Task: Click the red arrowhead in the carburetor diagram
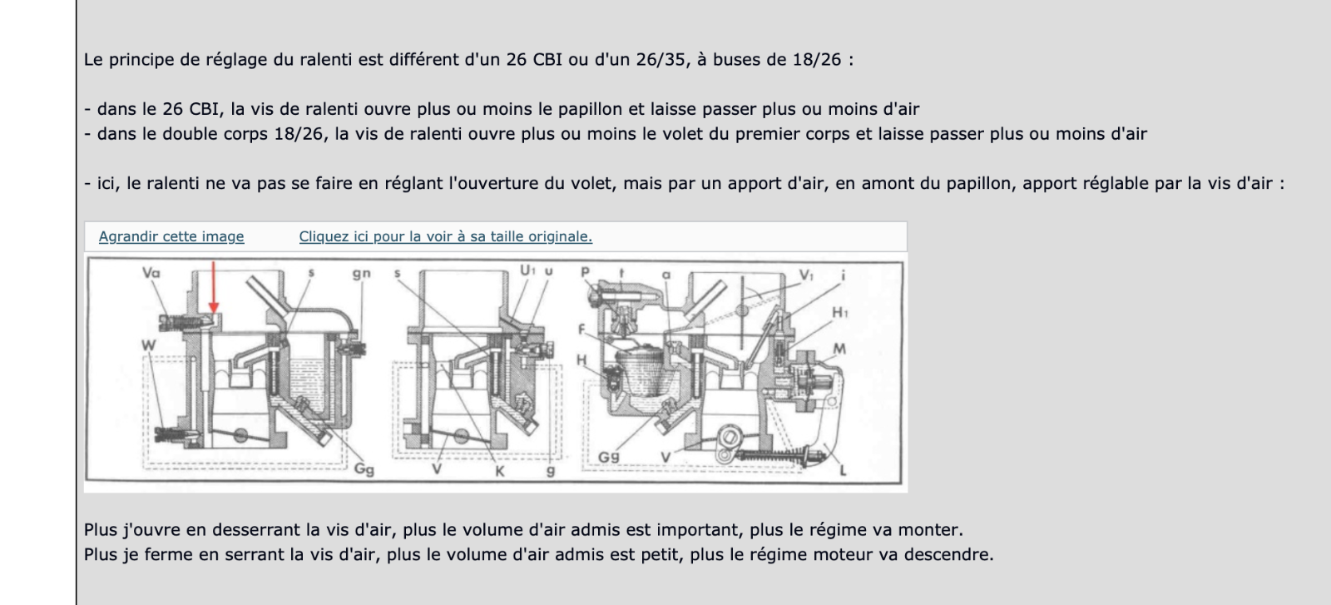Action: tap(214, 308)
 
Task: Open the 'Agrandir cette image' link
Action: tap(171, 236)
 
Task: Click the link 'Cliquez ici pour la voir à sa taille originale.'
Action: tap(445, 236)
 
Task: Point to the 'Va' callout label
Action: tap(151, 272)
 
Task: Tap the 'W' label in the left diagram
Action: tap(148, 345)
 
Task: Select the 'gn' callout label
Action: tap(361, 273)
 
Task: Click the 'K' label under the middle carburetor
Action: tap(500, 471)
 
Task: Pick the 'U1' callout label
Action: tap(528, 270)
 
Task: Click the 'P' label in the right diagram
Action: tap(585, 272)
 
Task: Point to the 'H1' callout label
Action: tap(840, 313)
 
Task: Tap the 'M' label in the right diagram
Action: tap(839, 349)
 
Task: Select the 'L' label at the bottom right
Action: tap(843, 471)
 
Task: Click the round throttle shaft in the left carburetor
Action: tap(242, 435)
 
